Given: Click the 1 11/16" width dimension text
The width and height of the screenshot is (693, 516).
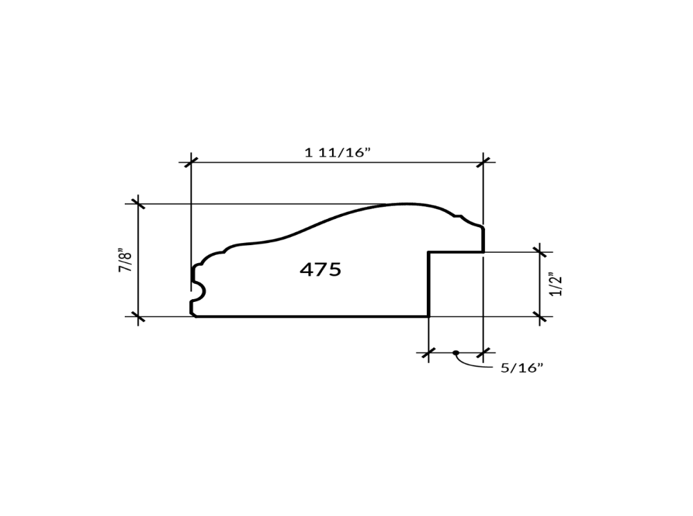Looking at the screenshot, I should click(x=338, y=152).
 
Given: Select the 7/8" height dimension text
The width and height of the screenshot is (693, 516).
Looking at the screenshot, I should click(x=125, y=260).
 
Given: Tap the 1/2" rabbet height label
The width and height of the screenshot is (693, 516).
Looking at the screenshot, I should click(x=556, y=284).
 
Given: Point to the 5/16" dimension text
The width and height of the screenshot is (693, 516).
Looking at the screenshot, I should click(x=521, y=368).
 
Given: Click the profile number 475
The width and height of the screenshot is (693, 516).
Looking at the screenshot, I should click(x=320, y=269).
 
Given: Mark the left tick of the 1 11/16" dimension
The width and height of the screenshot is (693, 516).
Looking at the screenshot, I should click(x=191, y=162).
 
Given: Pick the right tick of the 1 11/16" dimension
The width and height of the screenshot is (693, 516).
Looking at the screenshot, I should click(x=484, y=162).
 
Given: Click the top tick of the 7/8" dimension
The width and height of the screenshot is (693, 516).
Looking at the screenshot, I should click(x=139, y=204).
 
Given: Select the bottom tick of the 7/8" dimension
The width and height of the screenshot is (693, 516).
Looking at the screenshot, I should click(x=139, y=317).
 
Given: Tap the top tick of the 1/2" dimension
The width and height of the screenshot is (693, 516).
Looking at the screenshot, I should click(x=540, y=252).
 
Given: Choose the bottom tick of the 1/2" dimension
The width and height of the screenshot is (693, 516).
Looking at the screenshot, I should click(x=540, y=317).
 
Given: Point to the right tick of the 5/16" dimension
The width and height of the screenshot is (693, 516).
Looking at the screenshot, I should click(x=484, y=353).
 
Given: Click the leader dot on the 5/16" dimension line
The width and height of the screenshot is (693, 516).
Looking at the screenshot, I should click(x=455, y=353).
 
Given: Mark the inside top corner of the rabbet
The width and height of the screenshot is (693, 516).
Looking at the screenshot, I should click(x=428, y=252).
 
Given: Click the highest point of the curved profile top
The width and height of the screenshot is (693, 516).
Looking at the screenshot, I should click(x=405, y=204).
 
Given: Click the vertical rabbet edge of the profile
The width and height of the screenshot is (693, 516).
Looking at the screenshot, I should click(x=428, y=284).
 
